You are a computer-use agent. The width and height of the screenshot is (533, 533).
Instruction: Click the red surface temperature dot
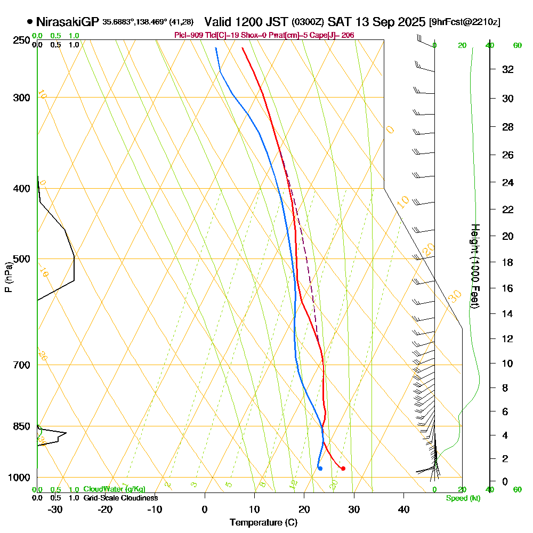[343, 469]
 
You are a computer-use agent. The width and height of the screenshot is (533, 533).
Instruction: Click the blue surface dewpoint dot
[320, 469]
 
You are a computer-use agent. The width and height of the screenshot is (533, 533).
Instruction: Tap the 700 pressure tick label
[22, 365]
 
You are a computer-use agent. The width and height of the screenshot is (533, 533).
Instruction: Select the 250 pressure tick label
[22, 41]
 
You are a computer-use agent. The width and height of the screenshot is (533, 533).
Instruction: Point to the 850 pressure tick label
[22, 426]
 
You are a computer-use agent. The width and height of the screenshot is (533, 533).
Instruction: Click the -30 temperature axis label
[55, 509]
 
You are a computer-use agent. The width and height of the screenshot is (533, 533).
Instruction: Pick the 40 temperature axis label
[403, 509]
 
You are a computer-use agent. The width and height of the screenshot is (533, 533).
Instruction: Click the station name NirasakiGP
[67, 22]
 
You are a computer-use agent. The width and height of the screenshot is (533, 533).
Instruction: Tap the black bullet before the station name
[29, 22]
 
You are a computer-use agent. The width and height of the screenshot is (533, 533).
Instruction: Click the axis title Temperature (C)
[263, 523]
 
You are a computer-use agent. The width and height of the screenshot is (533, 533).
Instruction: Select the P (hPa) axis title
[8, 277]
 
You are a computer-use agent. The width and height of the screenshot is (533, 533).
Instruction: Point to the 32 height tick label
[508, 69]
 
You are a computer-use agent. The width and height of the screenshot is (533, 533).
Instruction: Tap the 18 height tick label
[508, 262]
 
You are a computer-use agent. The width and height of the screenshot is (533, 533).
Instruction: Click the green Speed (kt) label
[463, 498]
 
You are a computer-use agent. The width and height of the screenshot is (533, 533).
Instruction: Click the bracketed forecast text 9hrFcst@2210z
[464, 22]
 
